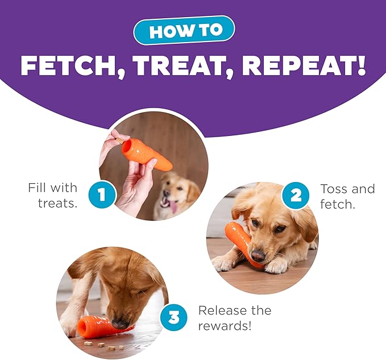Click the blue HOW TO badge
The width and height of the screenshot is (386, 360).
click(184, 30)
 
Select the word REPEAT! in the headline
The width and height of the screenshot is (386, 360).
click(304, 65)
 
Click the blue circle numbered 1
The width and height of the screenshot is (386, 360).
click(102, 195)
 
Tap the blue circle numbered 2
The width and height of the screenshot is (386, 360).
click(295, 195)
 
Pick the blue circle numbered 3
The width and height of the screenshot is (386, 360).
click(173, 317)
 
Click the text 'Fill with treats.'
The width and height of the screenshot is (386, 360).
click(53, 196)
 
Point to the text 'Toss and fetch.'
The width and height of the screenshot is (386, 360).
click(347, 197)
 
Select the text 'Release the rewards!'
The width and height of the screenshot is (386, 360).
click(235, 318)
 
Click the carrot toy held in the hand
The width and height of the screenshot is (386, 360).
click(147, 154)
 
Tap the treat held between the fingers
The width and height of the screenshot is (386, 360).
click(120, 141)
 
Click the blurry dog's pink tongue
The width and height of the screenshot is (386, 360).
click(174, 207)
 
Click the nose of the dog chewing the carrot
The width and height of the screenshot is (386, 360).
click(258, 255)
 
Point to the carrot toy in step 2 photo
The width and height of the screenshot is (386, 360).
click(242, 242)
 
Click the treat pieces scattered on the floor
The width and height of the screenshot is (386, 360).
click(104, 345)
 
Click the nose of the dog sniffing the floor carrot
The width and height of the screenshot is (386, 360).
click(119, 324)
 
